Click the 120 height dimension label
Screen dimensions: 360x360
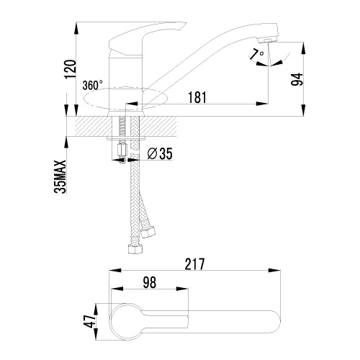pos(71,69)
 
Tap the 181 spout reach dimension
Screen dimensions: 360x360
pos(197,97)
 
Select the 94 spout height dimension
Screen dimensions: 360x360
pos(297,79)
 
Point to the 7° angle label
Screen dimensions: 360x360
pos(256,54)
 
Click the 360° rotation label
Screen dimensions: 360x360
pos(92,85)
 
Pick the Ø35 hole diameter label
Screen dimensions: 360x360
pos(160,153)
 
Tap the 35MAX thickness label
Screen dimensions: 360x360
pos(60,176)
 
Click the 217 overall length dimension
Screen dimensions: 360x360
pos(194,264)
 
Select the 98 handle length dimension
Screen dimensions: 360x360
pos(150,282)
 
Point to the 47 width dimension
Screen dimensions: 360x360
pos(89,321)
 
